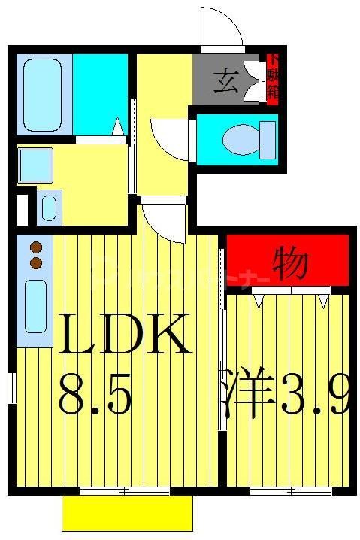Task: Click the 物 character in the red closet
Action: tap(289, 263)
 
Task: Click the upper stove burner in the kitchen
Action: tap(35, 246)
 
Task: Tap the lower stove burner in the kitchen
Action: tap(35, 262)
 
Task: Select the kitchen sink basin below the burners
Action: tap(35, 305)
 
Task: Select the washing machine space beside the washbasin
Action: tap(49, 206)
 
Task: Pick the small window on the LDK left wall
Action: tap(12, 388)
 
